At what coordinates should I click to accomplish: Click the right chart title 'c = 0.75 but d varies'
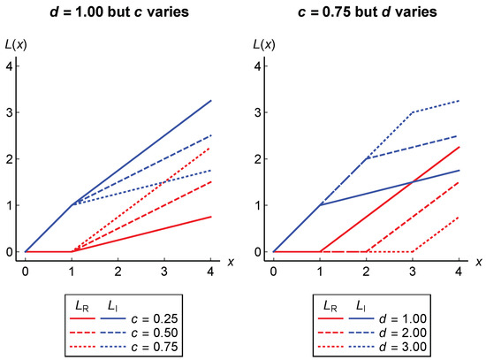pos(367,11)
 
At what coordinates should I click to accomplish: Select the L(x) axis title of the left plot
pos(25,45)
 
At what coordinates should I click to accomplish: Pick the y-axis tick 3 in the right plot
pos(258,112)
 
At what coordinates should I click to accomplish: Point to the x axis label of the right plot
pos(478,262)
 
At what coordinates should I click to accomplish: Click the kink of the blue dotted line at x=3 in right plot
pos(412,112)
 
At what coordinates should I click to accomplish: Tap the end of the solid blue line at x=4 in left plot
pos(209,100)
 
